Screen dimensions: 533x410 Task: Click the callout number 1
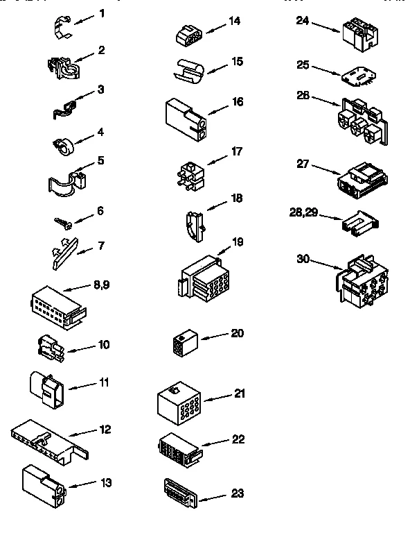coord(102,13)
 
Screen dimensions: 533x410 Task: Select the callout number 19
coord(238,242)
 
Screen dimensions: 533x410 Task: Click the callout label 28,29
coord(303,213)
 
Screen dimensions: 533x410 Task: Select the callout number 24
coord(301,20)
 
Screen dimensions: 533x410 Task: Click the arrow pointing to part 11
coord(82,386)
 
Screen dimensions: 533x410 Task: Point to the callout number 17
coord(237,151)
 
